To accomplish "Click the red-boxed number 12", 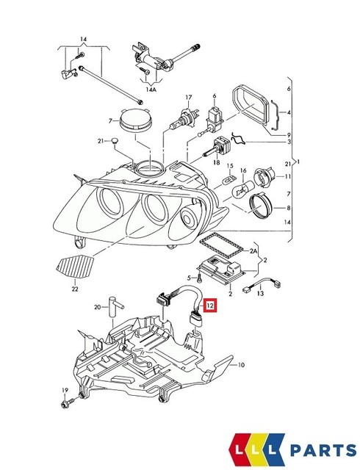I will click(x=210, y=305).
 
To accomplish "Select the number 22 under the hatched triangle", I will click(x=74, y=289).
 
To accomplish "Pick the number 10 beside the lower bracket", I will click(x=242, y=365).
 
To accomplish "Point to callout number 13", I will click(x=259, y=294).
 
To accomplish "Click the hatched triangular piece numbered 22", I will click(x=74, y=264).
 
